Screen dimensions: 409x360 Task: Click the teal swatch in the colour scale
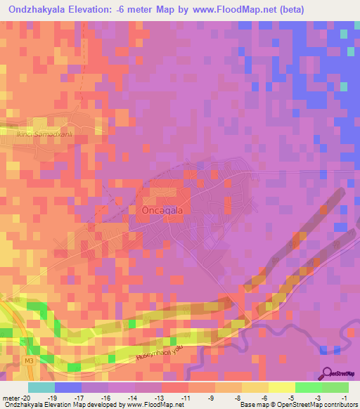(41, 387)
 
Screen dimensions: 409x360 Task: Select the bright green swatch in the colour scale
(308, 387)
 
